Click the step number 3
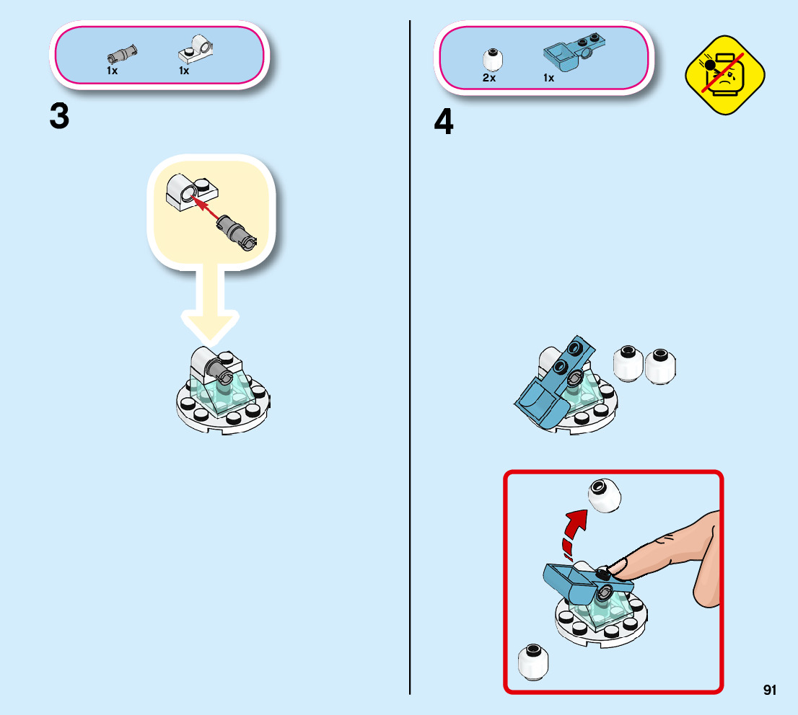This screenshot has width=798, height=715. pos(60,117)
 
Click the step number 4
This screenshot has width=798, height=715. pos(444,122)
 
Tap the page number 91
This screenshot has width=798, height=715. pos(769,690)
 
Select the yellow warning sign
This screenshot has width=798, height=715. pos(724,75)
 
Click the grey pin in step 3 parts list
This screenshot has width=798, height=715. pos(122,53)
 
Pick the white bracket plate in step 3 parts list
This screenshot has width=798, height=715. pos(196,49)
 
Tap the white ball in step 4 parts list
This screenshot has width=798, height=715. pos(492,60)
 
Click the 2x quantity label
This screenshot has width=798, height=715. pos(489,78)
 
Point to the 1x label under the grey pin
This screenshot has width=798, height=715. pos(112,71)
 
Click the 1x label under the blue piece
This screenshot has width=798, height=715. pos(548,78)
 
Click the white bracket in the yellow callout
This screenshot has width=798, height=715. pos(191,192)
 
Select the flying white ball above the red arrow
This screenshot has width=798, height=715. pos(604,494)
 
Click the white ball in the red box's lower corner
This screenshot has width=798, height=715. pos(533,662)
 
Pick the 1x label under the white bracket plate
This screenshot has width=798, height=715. pos(184,71)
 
